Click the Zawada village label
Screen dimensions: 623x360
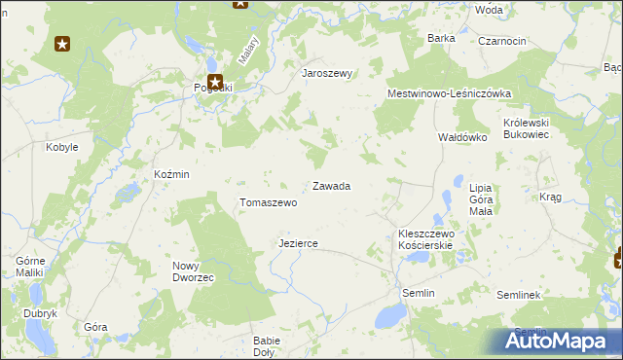331,186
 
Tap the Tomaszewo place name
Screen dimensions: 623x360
268,203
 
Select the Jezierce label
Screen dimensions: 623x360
298,243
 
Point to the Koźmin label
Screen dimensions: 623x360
171,174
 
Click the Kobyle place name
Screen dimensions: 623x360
62,148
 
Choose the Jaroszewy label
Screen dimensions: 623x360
326,73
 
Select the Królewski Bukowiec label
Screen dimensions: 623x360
527,128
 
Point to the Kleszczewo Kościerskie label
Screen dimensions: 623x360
427,240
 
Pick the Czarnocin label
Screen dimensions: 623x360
502,41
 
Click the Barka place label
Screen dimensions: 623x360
441,38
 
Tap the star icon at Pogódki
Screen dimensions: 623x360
214,83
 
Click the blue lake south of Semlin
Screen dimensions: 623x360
391,315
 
